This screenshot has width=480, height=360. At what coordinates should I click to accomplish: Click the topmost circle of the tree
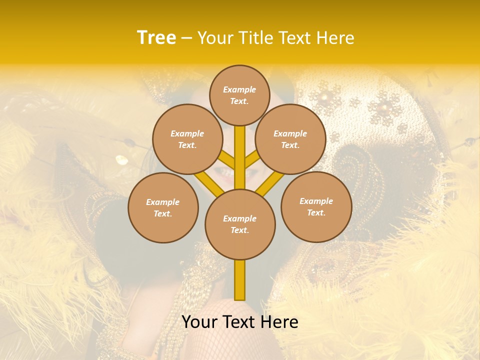click(x=239, y=95)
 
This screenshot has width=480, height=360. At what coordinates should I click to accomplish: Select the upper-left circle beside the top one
click(x=187, y=139)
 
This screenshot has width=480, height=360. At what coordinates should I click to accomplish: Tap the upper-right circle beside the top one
click(x=290, y=139)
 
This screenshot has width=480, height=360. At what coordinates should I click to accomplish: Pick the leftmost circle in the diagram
click(x=163, y=207)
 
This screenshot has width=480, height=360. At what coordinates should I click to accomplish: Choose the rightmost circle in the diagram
click(x=316, y=206)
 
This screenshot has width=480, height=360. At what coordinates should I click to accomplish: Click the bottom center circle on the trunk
click(x=240, y=224)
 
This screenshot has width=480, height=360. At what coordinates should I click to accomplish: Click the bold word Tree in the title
click(x=156, y=37)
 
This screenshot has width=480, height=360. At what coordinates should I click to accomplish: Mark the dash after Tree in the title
click(x=186, y=38)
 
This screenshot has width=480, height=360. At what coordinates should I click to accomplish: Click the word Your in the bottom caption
click(x=199, y=322)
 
